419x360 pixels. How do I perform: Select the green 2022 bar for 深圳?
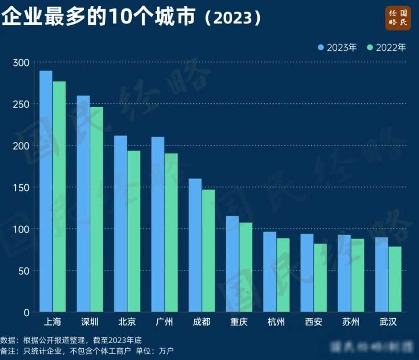(96, 209)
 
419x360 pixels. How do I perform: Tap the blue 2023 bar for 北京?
(120, 224)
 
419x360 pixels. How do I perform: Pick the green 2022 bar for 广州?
(171, 232)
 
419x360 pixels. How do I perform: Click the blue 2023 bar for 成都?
(195, 245)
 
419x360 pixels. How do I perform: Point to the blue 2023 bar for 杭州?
(269, 272)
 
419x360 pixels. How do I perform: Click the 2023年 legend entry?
(337, 48)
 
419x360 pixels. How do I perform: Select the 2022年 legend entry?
(386, 48)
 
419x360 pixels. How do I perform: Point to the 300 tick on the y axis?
(21, 63)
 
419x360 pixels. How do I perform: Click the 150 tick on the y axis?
(21, 188)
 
